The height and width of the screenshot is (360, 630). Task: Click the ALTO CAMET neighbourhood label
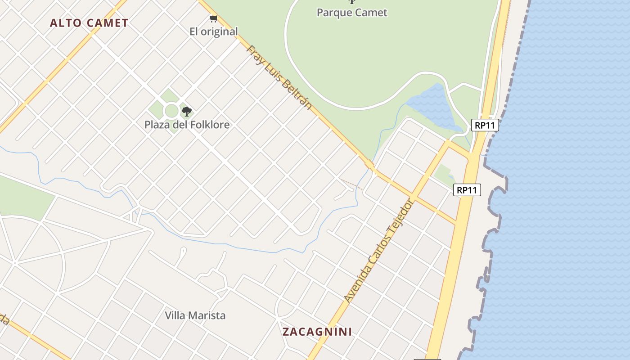tap(89, 23)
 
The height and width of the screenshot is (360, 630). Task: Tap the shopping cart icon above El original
tap(213, 18)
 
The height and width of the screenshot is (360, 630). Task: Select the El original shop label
tap(213, 31)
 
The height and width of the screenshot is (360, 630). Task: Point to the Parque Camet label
tap(352, 12)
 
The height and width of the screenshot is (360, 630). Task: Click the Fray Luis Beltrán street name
tap(279, 77)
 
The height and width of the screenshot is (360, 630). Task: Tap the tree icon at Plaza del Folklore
tap(186, 111)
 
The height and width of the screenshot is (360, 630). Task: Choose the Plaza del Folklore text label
tap(187, 125)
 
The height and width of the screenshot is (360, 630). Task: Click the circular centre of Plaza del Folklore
tap(171, 110)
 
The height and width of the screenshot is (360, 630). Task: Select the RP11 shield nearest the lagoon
tap(485, 125)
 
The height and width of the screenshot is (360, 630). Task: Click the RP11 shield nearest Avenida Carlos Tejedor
tap(467, 190)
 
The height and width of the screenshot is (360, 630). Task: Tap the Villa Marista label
tap(195, 315)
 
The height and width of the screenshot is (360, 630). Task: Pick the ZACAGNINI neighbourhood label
tap(317, 332)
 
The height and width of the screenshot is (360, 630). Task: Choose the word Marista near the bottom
tap(207, 315)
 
